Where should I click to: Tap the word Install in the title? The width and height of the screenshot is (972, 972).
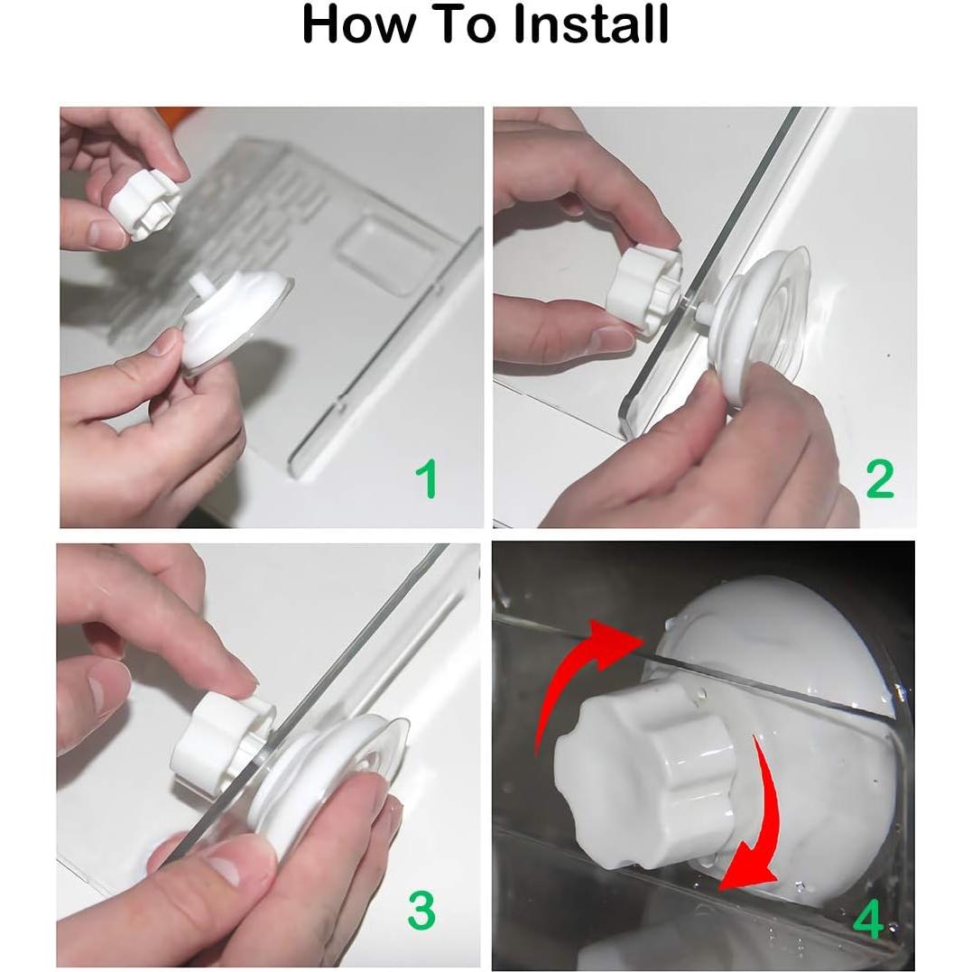pos(591,24)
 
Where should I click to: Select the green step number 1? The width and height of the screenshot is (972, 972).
pos(427,478)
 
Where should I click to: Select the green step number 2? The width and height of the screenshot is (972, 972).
pos(880,478)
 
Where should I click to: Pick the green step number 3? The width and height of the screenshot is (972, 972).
pos(421,910)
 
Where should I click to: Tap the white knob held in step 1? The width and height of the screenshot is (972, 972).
pos(143,205)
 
